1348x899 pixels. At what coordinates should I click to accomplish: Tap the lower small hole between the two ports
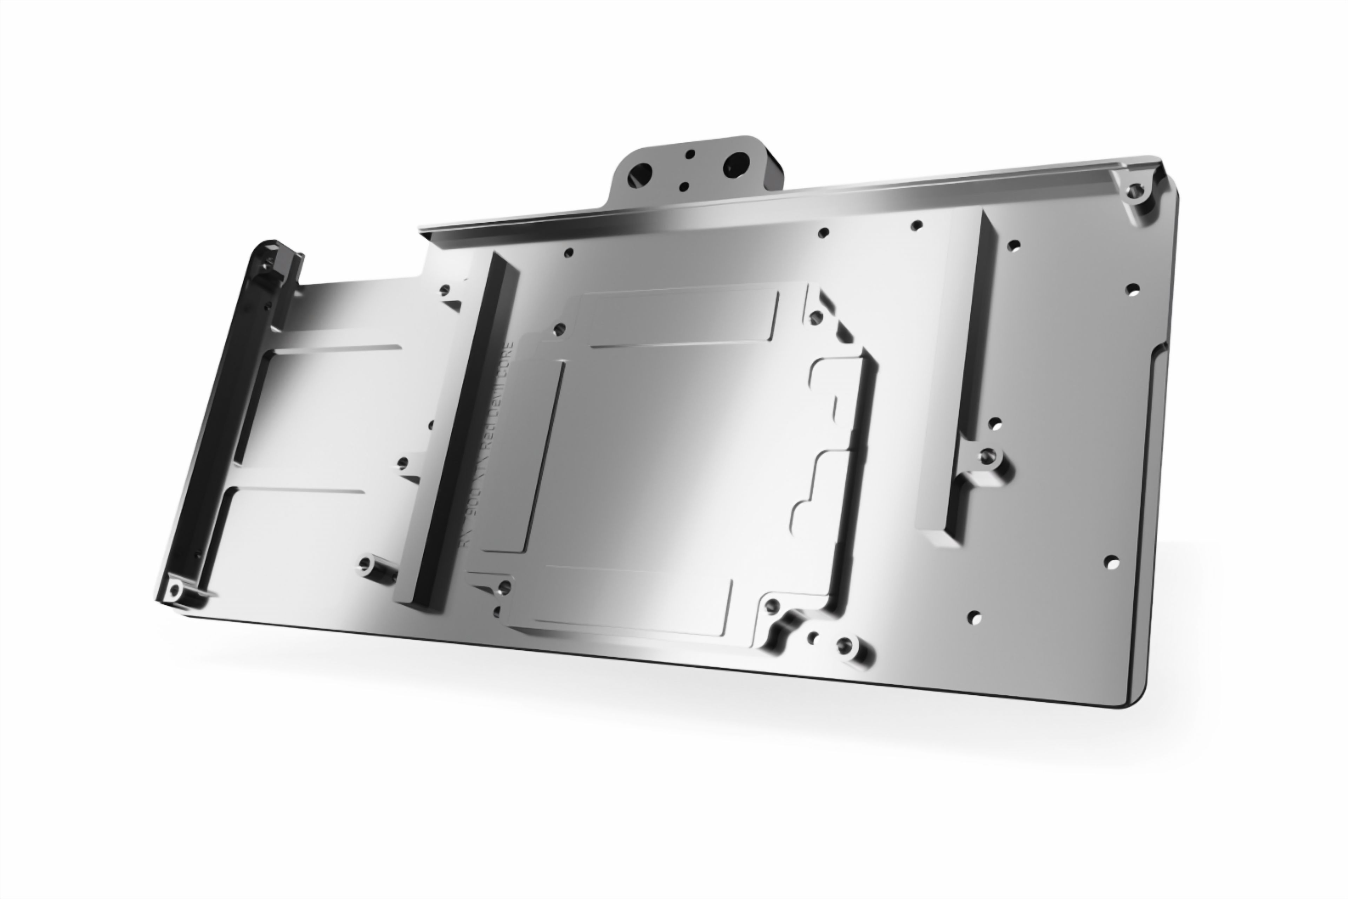coord(684,186)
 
